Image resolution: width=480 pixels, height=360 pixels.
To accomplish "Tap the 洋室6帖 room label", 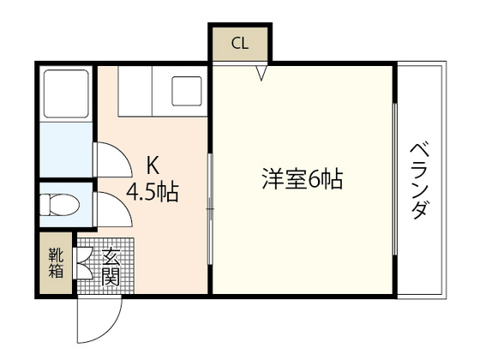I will coord(303,180).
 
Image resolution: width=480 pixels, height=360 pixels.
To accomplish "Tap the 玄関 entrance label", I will coord(111,266).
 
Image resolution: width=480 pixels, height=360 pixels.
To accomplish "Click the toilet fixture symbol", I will coord(61,206).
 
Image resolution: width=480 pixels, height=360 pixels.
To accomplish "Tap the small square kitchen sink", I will coord(187,90).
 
